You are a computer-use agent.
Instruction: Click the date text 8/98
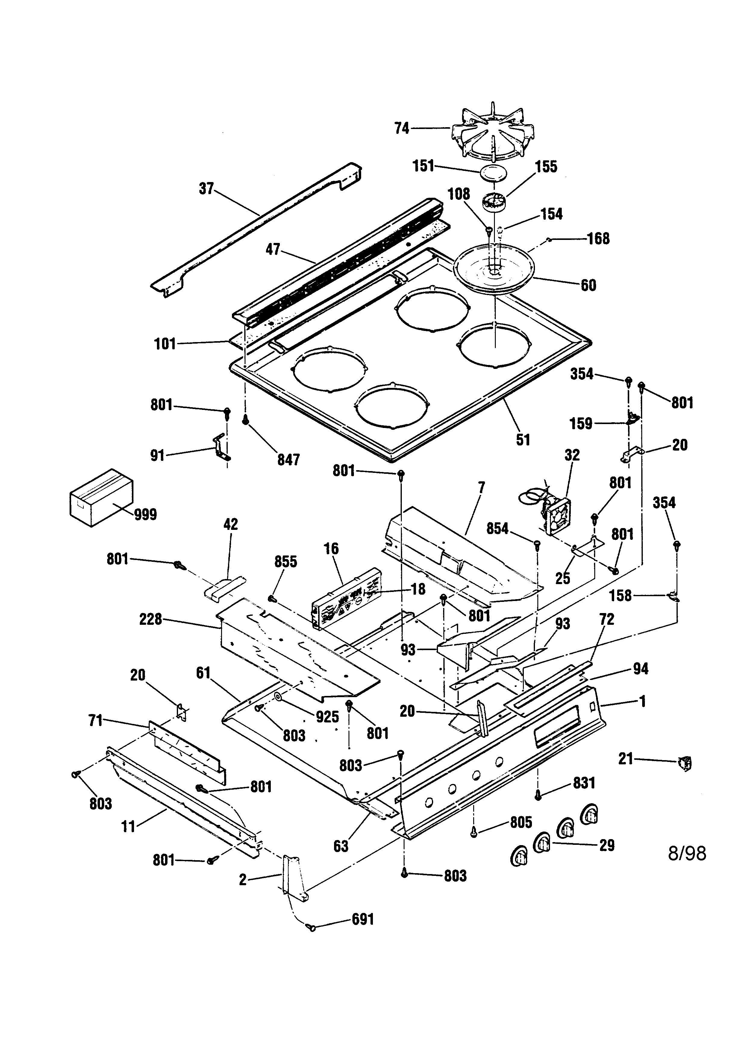(x=687, y=853)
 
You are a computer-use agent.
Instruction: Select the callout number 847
(x=288, y=459)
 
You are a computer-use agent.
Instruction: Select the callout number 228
(x=151, y=619)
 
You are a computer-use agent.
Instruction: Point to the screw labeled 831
(x=538, y=794)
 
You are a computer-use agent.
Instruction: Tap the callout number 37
(x=207, y=188)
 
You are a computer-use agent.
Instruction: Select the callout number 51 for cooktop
(x=523, y=440)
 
